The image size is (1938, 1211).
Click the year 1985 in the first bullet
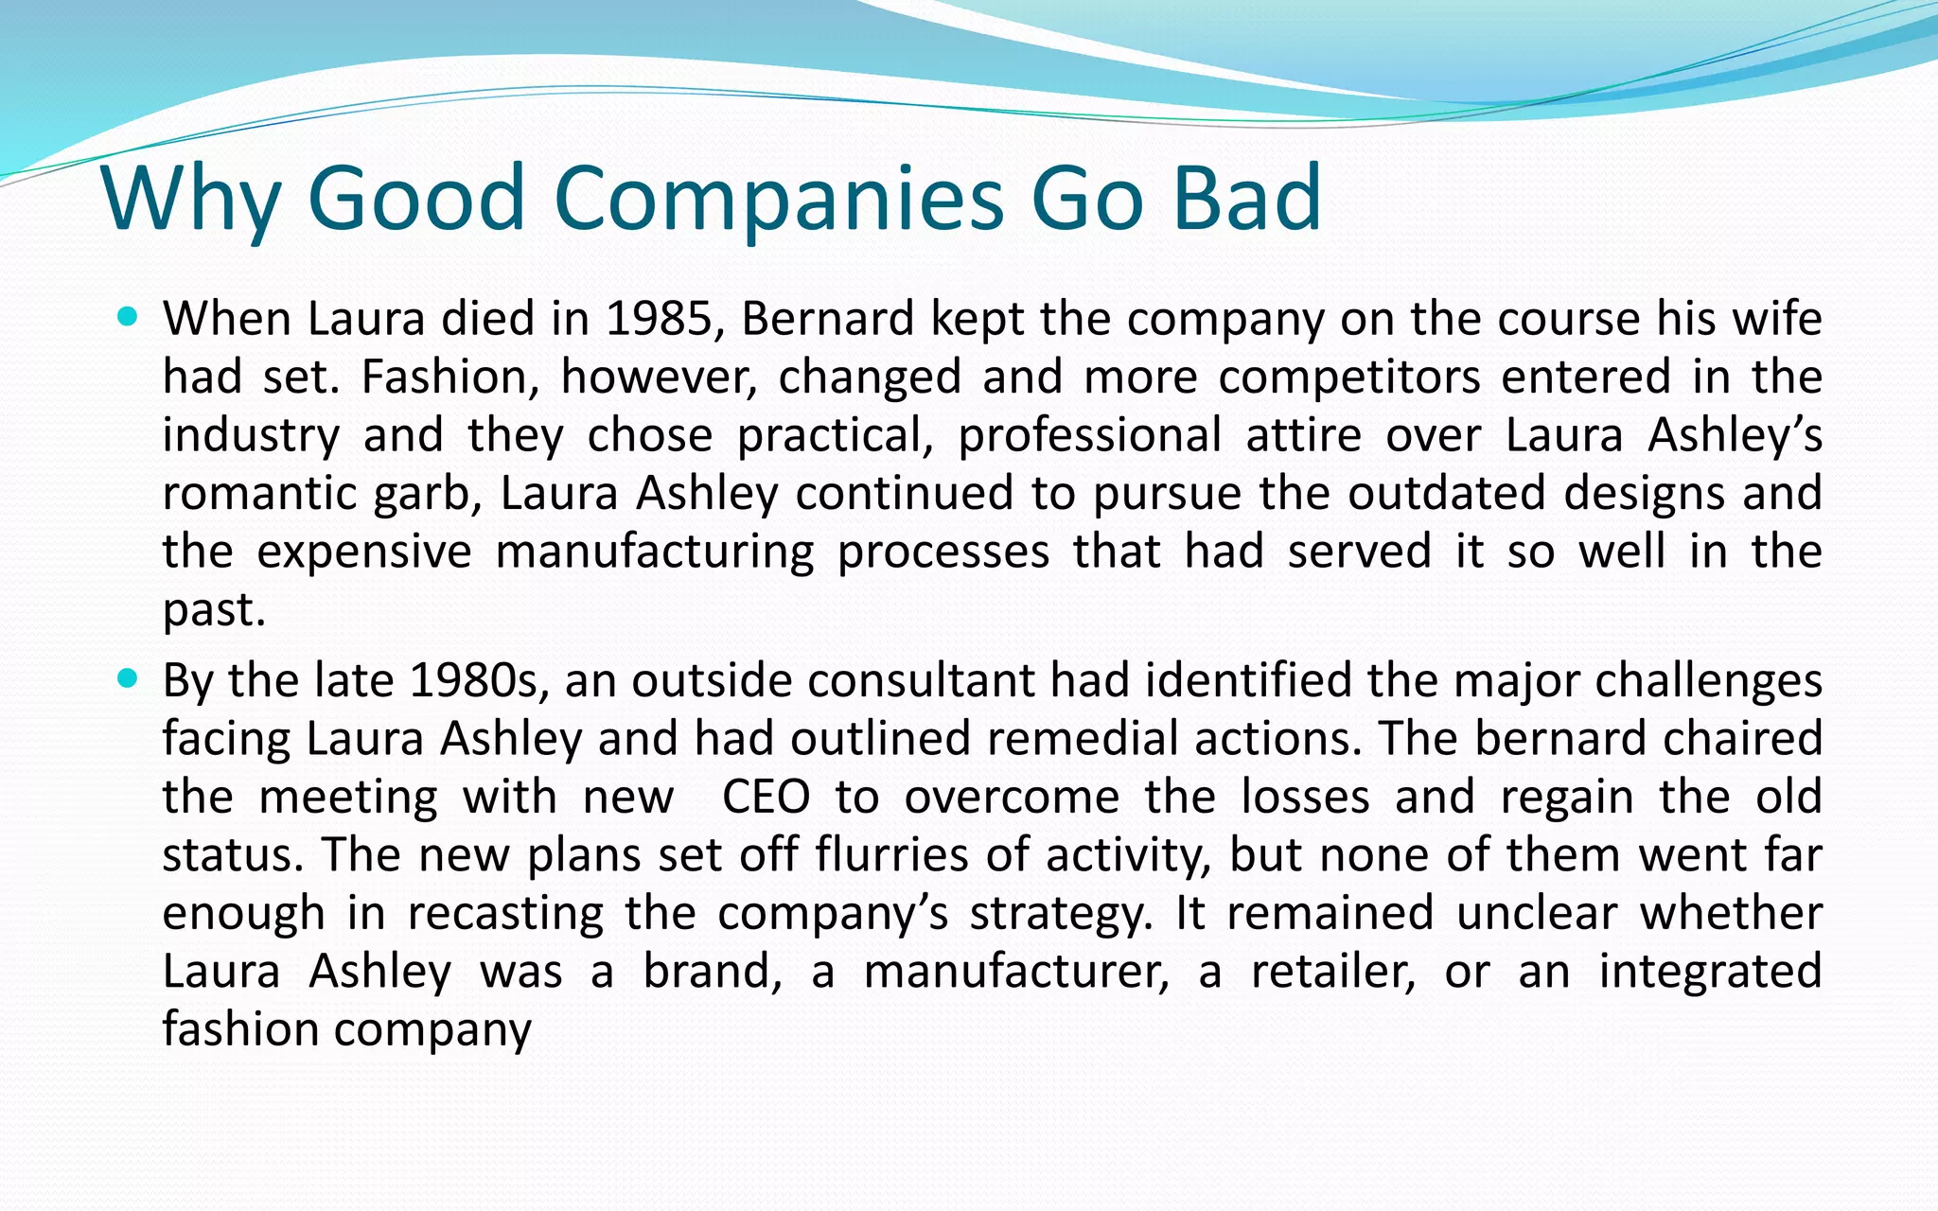coord(658,319)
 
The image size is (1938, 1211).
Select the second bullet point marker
coord(128,678)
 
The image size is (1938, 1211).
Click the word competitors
coord(1349,377)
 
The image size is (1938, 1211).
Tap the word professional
coord(1089,436)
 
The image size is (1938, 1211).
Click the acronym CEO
coord(766,798)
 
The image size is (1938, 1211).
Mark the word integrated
coord(1710,972)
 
